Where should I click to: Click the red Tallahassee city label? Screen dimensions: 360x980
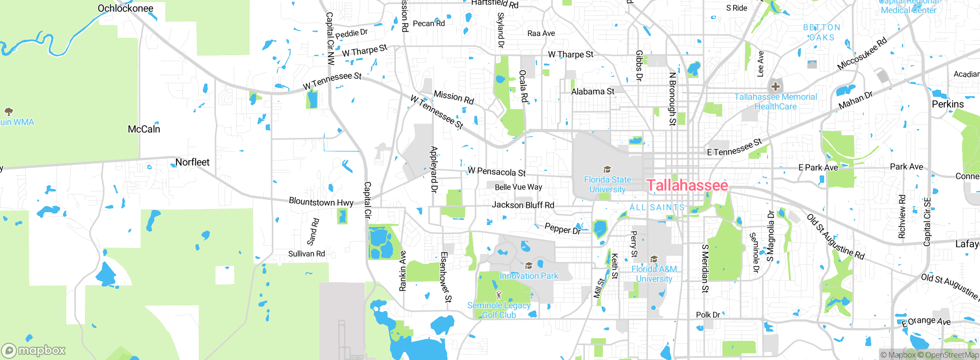(687, 185)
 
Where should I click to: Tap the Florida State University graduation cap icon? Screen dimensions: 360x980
(607, 169)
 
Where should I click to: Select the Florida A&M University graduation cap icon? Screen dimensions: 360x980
(654, 259)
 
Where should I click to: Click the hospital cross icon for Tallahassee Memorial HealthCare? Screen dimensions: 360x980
(776, 87)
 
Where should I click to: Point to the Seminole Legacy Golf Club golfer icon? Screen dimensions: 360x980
(498, 295)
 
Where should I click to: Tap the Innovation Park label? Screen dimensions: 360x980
(529, 276)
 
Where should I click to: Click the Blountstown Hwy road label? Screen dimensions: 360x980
(321, 202)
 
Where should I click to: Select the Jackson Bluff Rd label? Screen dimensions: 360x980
(523, 205)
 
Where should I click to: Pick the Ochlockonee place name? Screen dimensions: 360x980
(125, 8)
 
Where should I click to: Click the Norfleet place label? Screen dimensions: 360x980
(192, 162)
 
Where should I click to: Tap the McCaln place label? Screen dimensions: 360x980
(144, 129)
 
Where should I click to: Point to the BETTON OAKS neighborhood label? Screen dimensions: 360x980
(822, 33)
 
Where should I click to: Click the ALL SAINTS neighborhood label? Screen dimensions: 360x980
(657, 208)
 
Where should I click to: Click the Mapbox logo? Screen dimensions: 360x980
(34, 350)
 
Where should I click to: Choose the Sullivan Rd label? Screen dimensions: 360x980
(306, 254)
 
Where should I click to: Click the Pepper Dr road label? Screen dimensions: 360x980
(562, 229)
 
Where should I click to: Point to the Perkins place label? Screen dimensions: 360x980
(947, 104)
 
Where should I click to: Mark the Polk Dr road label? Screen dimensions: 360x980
(708, 315)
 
